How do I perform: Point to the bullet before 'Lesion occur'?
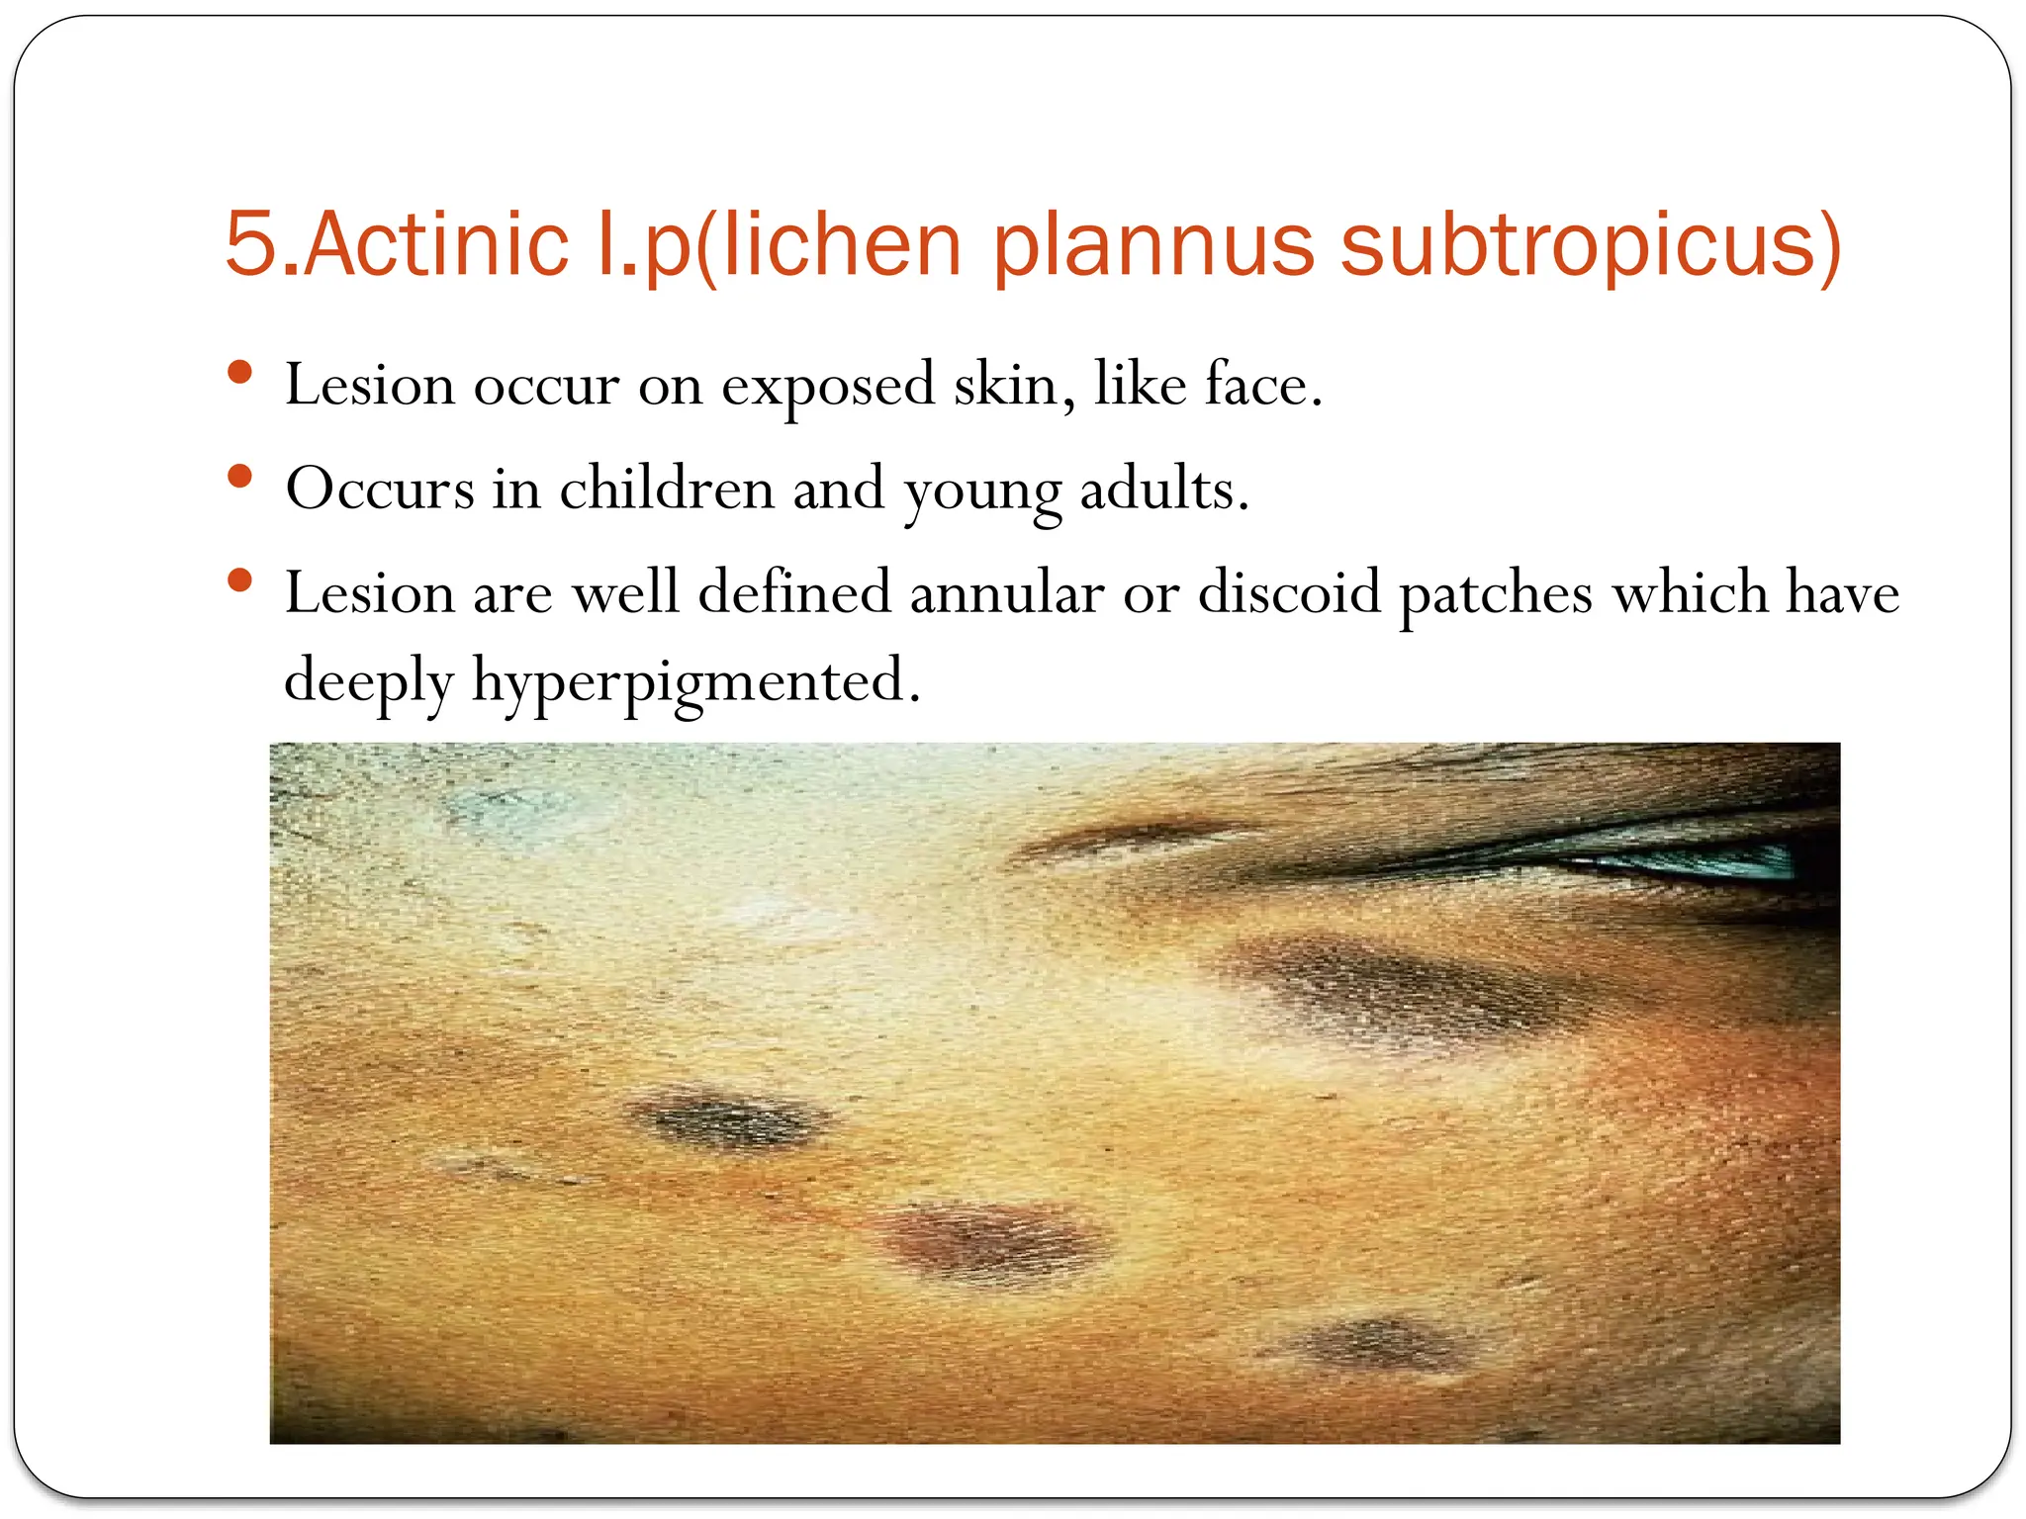tap(239, 373)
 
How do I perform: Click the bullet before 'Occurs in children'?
tap(239, 478)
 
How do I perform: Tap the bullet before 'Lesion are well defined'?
tap(239, 581)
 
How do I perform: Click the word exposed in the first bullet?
tap(827, 385)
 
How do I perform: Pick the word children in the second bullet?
tap(666, 489)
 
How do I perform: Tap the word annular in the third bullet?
tap(1006, 593)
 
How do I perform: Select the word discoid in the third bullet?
tap(1288, 593)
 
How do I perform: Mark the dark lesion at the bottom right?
tap(1375, 1345)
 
